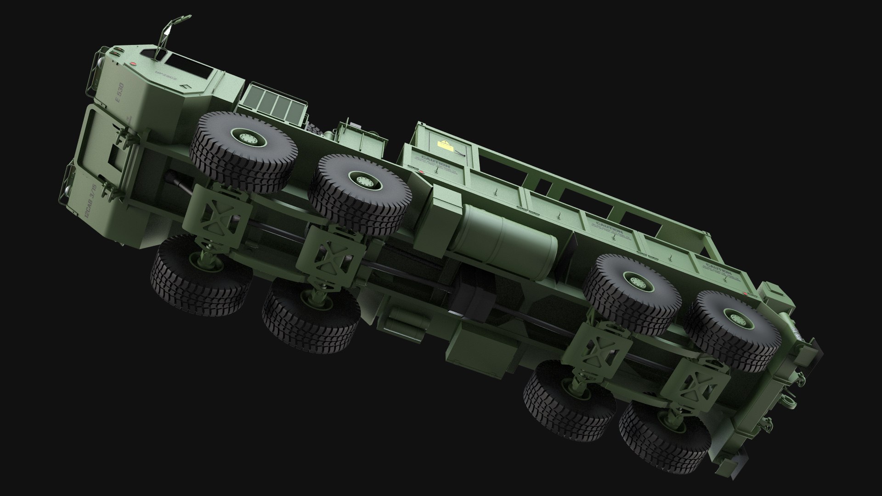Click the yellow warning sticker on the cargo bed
point(444,146)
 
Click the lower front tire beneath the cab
point(201,276)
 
